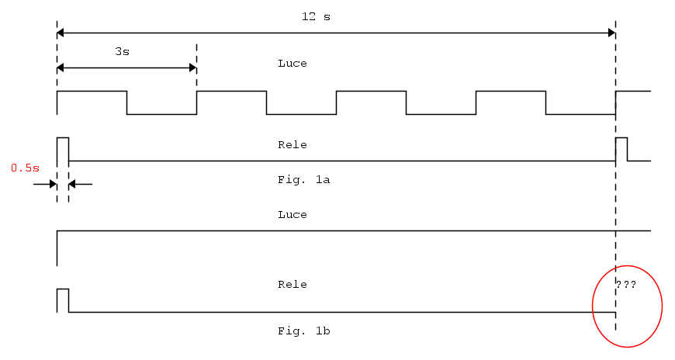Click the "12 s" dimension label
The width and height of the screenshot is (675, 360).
click(x=316, y=16)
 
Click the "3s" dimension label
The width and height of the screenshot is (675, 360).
click(x=122, y=51)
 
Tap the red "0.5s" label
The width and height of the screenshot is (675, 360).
click(x=25, y=167)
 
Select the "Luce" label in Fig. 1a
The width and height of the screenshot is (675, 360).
click(x=292, y=64)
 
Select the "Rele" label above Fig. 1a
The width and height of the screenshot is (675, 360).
click(x=292, y=145)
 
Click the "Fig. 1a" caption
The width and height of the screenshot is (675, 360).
click(x=304, y=179)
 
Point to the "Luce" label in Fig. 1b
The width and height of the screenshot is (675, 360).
click(x=292, y=215)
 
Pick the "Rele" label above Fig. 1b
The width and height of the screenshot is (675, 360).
click(x=292, y=285)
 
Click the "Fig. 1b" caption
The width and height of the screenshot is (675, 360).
click(x=304, y=331)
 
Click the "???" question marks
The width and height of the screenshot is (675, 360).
click(x=626, y=285)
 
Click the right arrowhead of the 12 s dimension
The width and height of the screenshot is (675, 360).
click(x=611, y=33)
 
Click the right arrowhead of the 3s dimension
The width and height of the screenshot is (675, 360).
click(x=192, y=67)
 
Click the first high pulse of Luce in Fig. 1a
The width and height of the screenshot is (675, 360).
click(x=92, y=92)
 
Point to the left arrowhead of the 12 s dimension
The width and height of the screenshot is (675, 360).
click(x=62, y=33)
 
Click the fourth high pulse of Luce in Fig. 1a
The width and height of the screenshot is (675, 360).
click(x=511, y=92)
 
